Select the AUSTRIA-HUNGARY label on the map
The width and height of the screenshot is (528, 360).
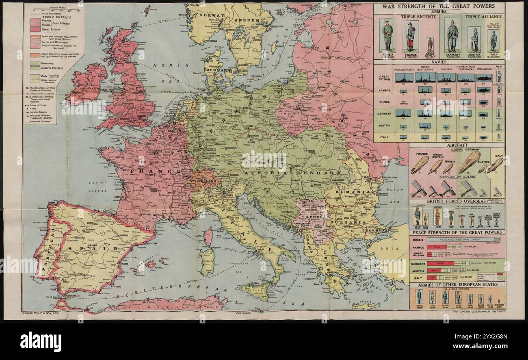(x=292, y=173)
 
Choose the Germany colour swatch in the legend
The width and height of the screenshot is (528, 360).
(x=32, y=63)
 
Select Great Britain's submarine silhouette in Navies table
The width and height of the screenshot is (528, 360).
(x=484, y=78)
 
